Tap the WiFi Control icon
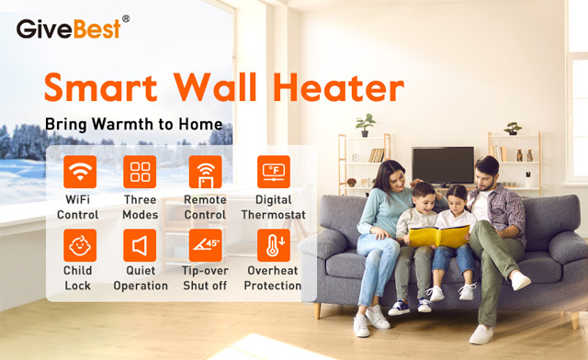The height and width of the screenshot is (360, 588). (79, 172)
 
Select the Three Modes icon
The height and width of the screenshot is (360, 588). (140, 172)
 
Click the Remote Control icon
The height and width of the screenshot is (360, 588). (205, 172)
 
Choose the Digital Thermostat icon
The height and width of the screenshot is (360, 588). (273, 172)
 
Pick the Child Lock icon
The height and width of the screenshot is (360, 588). (79, 245)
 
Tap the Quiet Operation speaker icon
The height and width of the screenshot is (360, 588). (140, 245)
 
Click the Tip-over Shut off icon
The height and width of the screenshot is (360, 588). (205, 245)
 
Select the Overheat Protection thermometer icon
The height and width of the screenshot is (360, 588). (273, 245)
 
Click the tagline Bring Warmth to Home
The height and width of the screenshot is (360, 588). (133, 124)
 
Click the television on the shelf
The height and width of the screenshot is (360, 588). (443, 165)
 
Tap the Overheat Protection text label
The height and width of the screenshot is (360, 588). (273, 278)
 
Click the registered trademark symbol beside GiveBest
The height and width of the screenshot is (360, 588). (125, 18)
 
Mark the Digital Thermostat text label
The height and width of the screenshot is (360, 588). (273, 208)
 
